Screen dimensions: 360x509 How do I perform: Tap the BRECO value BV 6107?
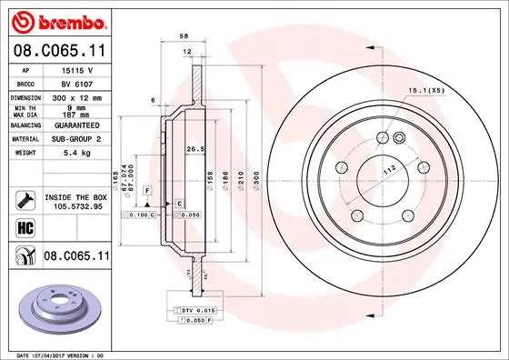tap(72, 82)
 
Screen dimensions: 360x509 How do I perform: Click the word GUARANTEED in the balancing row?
tap(74, 125)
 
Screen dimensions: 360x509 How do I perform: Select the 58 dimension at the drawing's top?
tap(185, 35)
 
